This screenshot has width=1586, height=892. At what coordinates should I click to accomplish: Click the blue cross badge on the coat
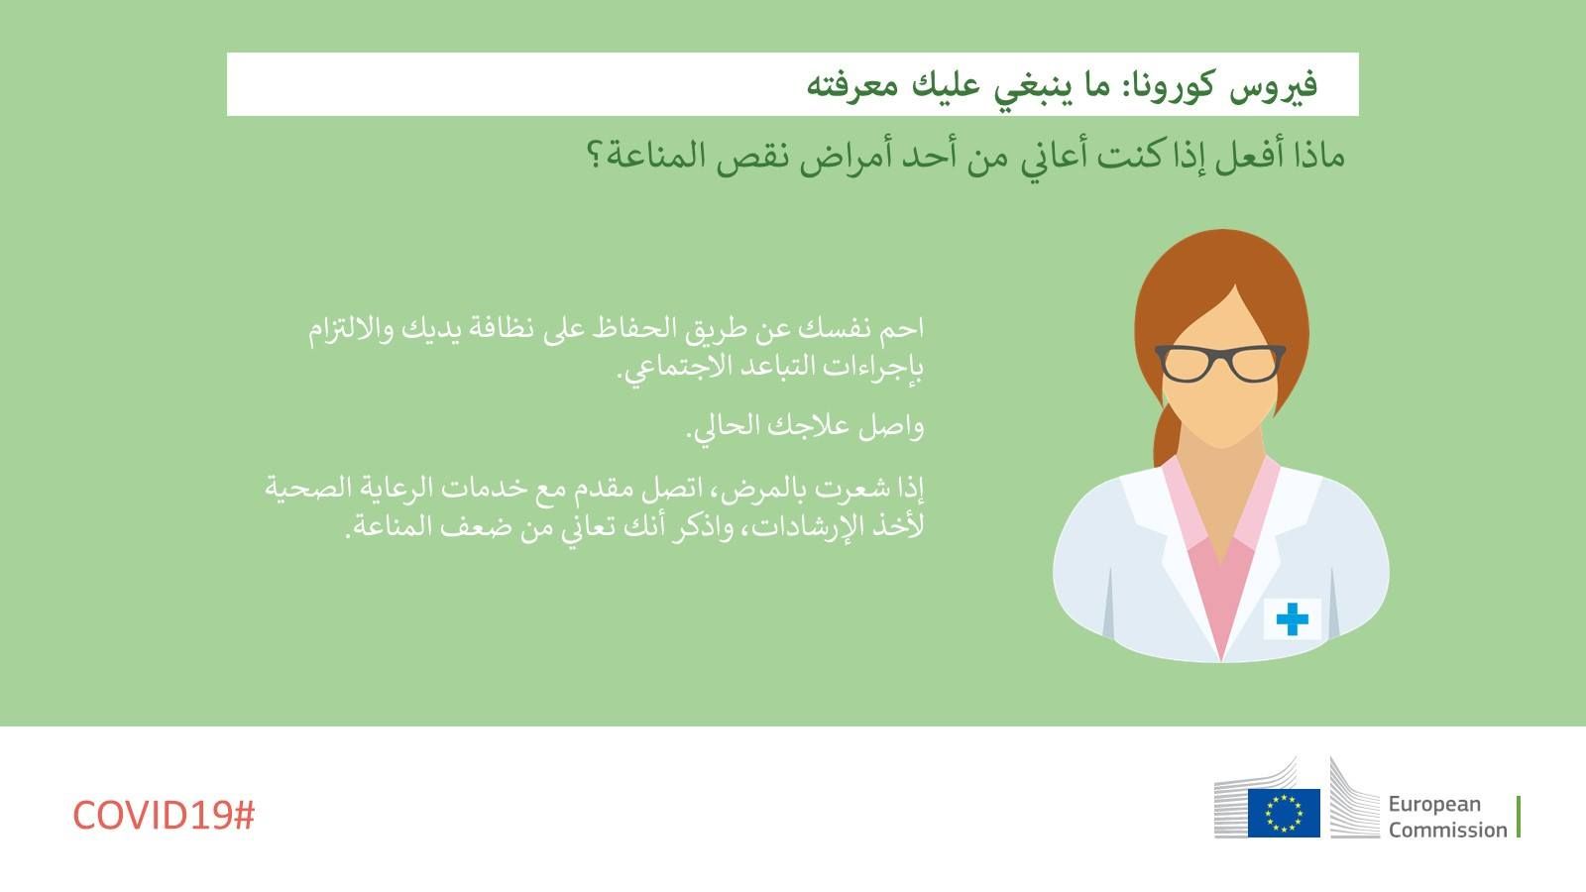(x=1293, y=618)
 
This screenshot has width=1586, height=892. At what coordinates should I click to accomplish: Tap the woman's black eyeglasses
(x=1220, y=363)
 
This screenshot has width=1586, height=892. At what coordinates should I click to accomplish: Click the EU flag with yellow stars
(x=1284, y=813)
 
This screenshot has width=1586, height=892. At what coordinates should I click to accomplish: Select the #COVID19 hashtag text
(x=164, y=815)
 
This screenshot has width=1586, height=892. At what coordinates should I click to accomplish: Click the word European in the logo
(x=1434, y=804)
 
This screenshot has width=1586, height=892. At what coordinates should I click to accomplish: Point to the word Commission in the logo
(x=1447, y=830)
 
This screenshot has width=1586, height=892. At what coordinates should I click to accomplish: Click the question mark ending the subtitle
(x=595, y=155)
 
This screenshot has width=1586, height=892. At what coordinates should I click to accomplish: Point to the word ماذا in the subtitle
(x=1317, y=155)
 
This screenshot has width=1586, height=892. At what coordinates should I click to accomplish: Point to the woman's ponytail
(x=1166, y=433)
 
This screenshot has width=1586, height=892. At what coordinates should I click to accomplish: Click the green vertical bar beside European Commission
(x=1519, y=817)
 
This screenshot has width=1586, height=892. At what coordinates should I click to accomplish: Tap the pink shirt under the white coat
(x=1221, y=588)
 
